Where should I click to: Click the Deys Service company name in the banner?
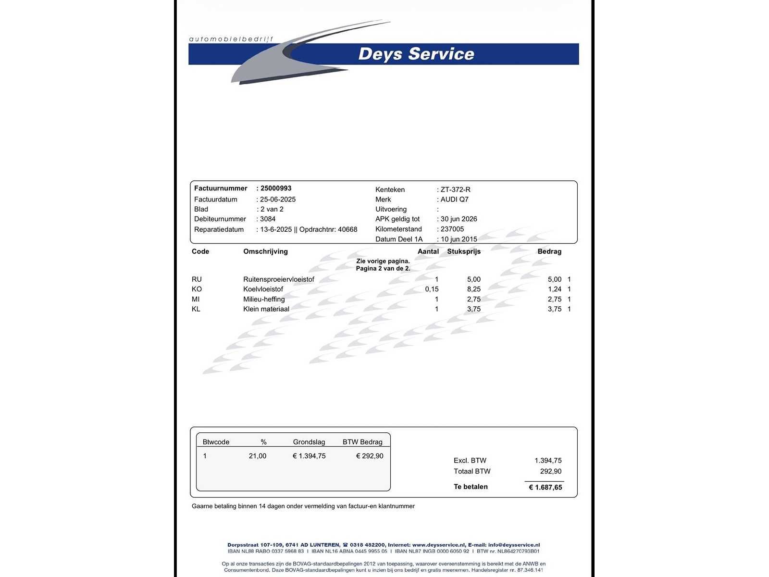click(x=416, y=54)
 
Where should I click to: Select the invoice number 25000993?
click(x=276, y=188)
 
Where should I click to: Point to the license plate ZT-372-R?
click(x=455, y=189)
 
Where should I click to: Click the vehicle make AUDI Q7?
click(x=454, y=200)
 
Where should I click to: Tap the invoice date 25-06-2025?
click(x=278, y=200)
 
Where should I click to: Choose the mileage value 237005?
click(x=452, y=229)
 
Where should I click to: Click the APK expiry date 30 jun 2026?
click(x=459, y=219)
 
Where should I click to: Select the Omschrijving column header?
click(x=265, y=251)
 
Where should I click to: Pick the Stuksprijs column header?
click(x=463, y=251)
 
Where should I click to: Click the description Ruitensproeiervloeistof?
click(x=278, y=279)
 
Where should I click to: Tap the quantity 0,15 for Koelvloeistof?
click(x=432, y=289)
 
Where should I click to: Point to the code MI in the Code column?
click(x=196, y=299)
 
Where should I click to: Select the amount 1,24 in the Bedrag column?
click(x=554, y=289)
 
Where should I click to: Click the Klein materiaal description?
click(x=266, y=309)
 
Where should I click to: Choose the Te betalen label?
click(x=471, y=487)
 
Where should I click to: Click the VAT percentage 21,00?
click(x=257, y=456)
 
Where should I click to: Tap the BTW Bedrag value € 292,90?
click(x=369, y=456)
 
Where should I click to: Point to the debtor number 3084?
click(x=268, y=219)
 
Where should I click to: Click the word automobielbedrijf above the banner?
click(x=231, y=39)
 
